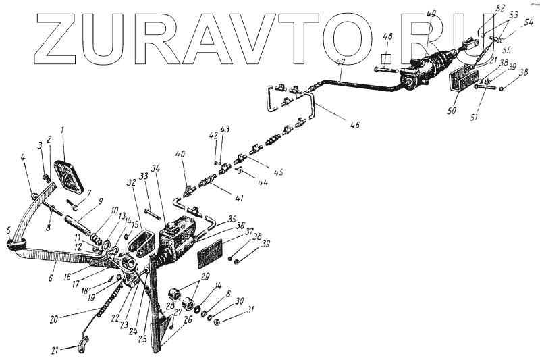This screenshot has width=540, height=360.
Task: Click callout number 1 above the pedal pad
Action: coord(63,129)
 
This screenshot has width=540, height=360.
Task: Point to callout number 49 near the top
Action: coord(431,14)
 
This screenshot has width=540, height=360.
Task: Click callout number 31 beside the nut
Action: coord(250,310)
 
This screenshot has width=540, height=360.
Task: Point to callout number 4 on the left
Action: coord(23,158)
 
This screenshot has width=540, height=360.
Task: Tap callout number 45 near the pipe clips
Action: coord(278,172)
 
